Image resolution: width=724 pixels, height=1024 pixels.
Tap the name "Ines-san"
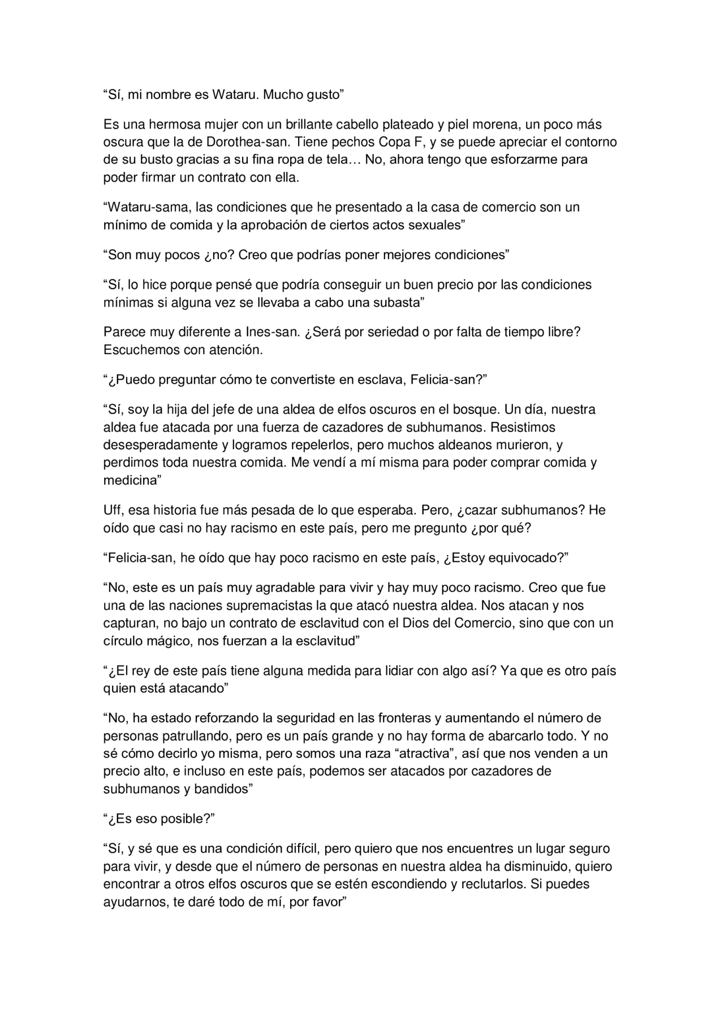[x=271, y=332]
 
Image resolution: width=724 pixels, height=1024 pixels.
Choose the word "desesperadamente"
[x=158, y=445]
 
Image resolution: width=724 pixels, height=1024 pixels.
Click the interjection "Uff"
[x=113, y=510]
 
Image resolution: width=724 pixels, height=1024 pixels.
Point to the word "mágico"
[x=164, y=642]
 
